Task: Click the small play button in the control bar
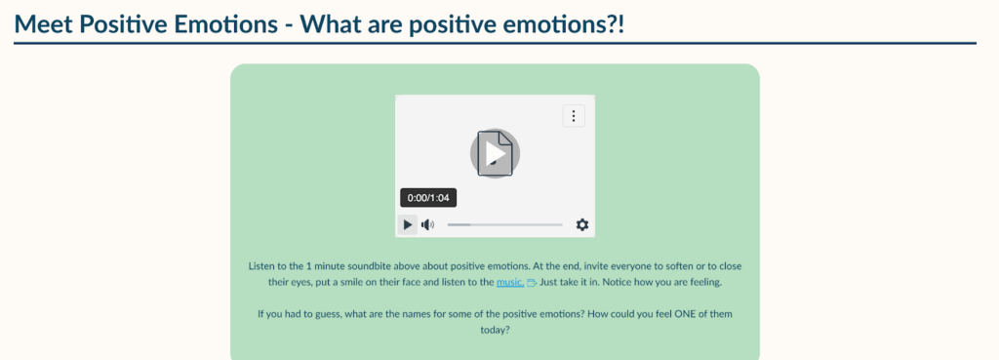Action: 408,225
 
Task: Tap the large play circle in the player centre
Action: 495,153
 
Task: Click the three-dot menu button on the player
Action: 574,116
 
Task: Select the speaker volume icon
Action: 427,225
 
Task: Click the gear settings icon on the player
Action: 582,225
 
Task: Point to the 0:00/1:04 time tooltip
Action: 428,198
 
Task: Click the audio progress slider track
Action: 504,225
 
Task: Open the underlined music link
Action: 510,282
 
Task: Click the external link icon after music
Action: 532,283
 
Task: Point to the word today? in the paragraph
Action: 495,331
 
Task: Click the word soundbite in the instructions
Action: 339,265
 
